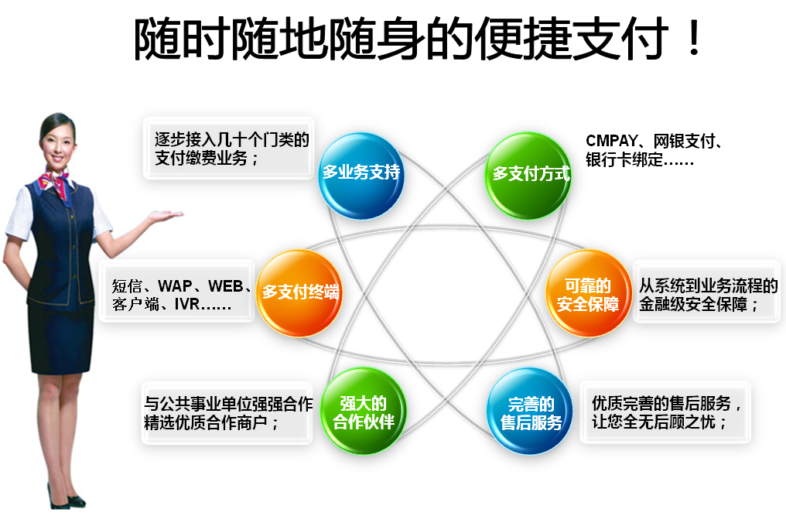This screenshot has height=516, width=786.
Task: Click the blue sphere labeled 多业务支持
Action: [x=361, y=172]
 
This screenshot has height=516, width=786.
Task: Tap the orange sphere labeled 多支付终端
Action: [x=299, y=292]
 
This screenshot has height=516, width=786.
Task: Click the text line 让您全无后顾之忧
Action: [x=659, y=423]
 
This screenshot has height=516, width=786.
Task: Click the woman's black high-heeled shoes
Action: [x=65, y=499]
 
